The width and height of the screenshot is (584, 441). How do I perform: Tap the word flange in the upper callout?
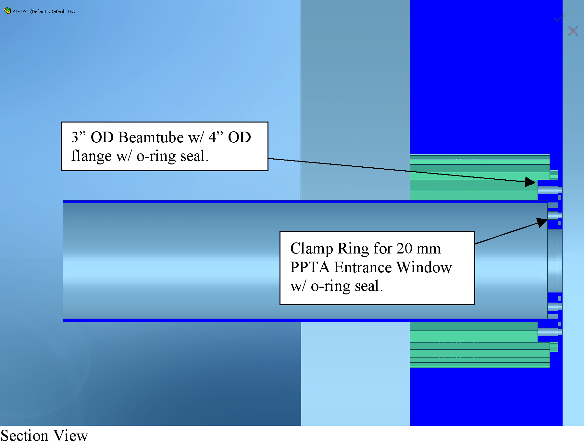pyautogui.click(x=91, y=156)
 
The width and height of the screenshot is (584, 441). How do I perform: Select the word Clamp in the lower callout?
pyautogui.click(x=312, y=249)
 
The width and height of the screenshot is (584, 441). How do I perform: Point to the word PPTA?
pyautogui.click(x=310, y=267)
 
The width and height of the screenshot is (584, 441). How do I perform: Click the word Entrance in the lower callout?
pyautogui.click(x=363, y=267)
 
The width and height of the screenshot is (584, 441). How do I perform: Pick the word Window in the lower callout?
pyautogui.click(x=424, y=267)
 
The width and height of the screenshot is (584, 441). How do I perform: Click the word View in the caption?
pyautogui.click(x=70, y=435)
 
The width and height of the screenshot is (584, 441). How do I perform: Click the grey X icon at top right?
pyautogui.click(x=573, y=31)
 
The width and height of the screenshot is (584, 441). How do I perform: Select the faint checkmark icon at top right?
pyautogui.click(x=559, y=18)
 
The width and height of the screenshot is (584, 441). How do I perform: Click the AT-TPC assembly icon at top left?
pyautogui.click(x=7, y=11)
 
